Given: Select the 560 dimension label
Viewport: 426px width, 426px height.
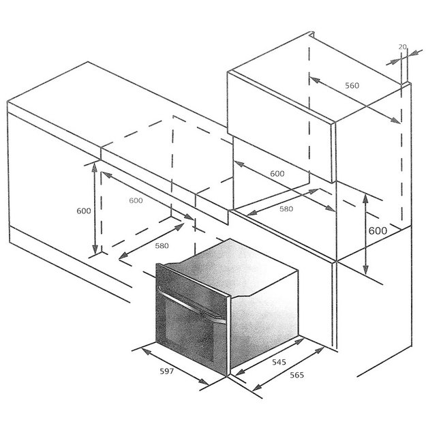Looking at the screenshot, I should point(351,85).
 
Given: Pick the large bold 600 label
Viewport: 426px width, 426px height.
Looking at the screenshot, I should point(378,230).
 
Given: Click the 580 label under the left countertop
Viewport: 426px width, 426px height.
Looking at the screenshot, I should point(162,245).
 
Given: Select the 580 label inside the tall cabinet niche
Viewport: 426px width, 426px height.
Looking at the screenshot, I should point(286,209).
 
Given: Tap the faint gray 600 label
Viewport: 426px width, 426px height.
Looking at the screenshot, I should point(136,200).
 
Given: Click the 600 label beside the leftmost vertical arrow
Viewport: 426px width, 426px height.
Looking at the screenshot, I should point(83,211).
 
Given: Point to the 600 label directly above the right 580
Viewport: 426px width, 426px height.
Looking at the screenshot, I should point(277,174).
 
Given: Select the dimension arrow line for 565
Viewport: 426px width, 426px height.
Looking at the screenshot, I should point(293,368).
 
